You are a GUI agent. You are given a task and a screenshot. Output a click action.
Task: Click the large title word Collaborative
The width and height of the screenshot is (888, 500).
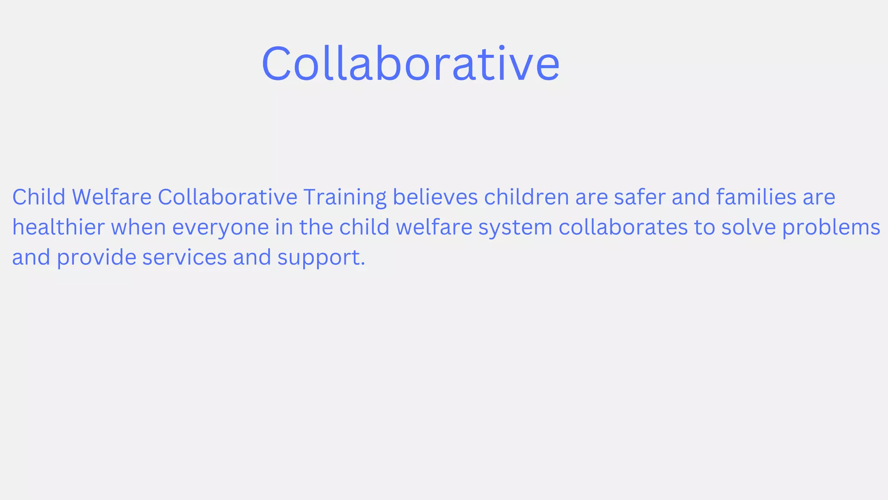coord(410,64)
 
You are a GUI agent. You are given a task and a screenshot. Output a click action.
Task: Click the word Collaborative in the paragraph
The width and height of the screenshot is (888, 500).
coord(227,197)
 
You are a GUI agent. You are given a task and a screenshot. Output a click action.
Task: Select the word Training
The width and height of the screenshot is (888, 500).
coord(345,198)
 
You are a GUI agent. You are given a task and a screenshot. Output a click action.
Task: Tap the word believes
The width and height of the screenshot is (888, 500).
coord(435,197)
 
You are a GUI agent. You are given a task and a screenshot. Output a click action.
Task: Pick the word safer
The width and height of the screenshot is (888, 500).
coord(640,197)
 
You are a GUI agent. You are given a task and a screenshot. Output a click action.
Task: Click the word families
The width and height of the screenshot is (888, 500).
coord(756,197)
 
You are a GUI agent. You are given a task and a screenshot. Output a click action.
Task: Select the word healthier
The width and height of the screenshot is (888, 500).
coord(58,227)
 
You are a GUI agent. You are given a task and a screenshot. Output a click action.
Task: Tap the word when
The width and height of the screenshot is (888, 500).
coord(138,227)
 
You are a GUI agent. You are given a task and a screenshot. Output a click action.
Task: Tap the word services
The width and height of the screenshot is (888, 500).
coord(184,257)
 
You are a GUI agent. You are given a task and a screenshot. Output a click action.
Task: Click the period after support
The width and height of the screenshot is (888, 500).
coord(363,264)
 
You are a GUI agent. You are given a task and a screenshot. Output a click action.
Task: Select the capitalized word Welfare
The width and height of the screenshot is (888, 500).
coord(111,197)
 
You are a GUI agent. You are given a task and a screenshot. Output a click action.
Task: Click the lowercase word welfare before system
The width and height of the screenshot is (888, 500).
coord(434,227)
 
